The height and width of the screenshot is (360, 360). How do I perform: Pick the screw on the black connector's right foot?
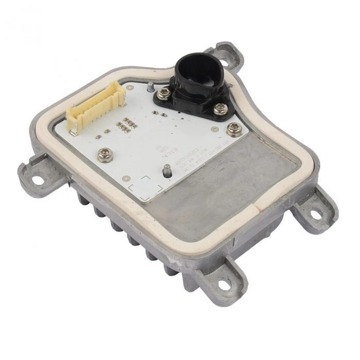point(220,109)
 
